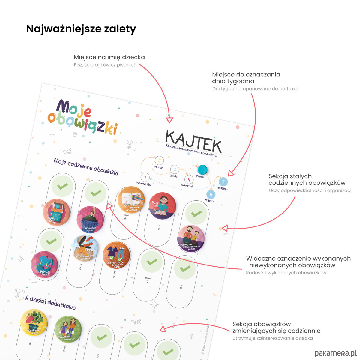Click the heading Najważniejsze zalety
coord(81,29)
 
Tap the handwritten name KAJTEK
coord(193,141)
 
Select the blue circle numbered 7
coord(223,182)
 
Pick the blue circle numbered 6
coord(211,194)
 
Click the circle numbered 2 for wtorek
coord(159,160)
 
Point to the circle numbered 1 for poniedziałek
coord(145,178)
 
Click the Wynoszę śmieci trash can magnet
coord(90,220)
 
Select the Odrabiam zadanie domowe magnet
coord(131,200)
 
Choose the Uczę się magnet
coord(162,206)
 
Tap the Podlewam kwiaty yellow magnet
coord(34,323)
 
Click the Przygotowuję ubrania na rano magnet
coord(116,256)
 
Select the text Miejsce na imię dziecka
coord(109,57)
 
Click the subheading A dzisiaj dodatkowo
coord(51,302)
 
